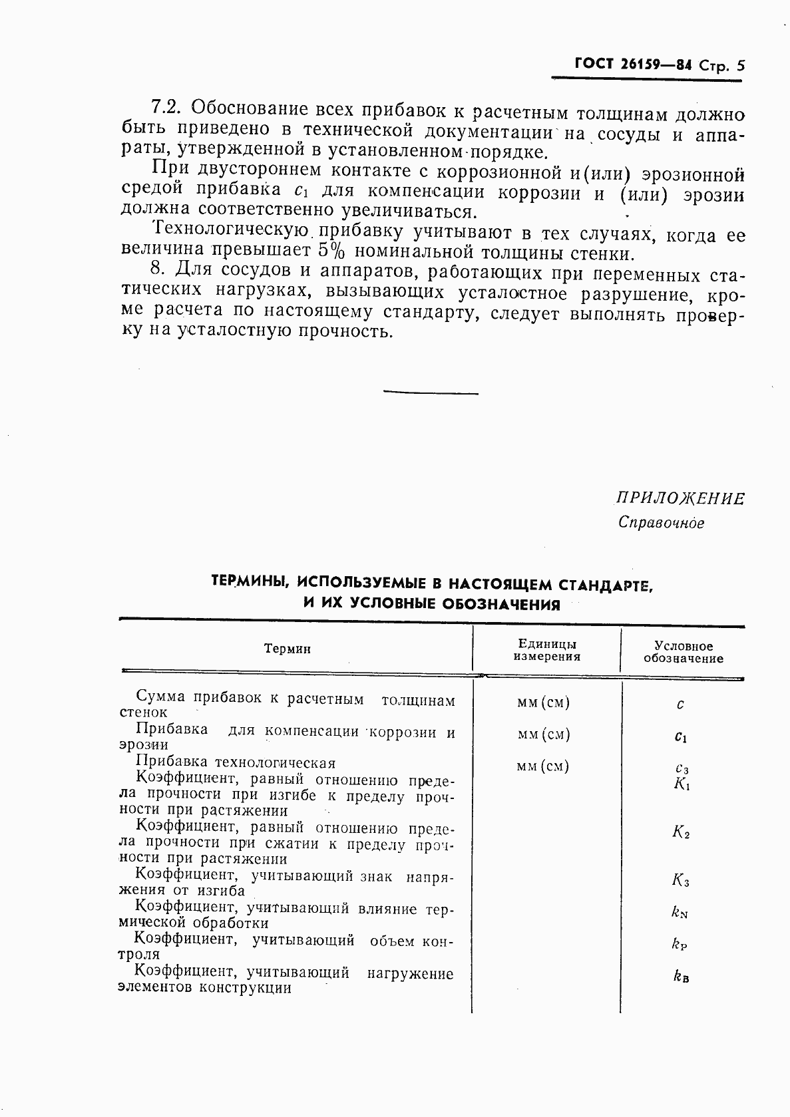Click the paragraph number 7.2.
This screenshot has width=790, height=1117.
[166, 107]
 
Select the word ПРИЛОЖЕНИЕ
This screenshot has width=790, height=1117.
[680, 499]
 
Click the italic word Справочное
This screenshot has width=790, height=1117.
[661, 523]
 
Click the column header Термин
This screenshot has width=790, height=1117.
[288, 649]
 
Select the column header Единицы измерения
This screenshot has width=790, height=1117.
[547, 650]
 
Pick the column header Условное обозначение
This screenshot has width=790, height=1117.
[683, 652]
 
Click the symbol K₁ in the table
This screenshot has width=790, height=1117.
[682, 784]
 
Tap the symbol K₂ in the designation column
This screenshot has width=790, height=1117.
[681, 832]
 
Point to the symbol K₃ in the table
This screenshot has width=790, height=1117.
[681, 881]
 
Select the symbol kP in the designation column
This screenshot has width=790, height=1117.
[680, 943]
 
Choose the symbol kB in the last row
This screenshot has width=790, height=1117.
[680, 977]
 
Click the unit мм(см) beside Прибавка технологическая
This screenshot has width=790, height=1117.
[543, 766]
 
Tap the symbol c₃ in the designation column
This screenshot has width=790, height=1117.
[682, 768]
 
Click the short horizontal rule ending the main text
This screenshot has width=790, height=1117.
[431, 393]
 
